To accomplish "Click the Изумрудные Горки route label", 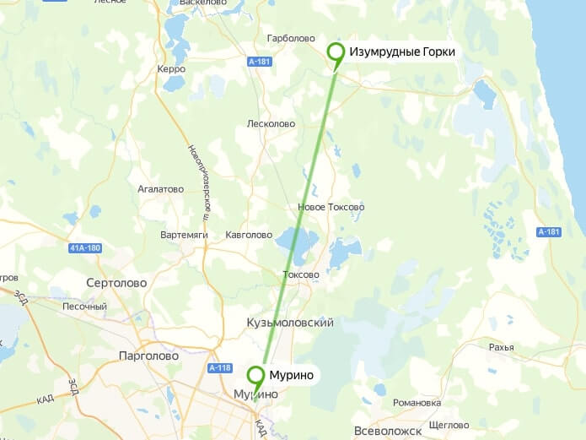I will (x=402, y=52).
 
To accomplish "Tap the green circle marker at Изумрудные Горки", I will (x=336, y=52).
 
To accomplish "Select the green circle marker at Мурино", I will (x=255, y=375).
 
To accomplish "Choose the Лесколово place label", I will (x=271, y=124).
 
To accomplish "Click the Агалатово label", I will (x=160, y=189).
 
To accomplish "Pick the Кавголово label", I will (x=249, y=235).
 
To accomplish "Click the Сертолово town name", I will (x=116, y=283).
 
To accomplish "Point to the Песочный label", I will (x=86, y=306).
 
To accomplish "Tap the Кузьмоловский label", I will (x=290, y=323).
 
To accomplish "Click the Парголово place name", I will (x=148, y=356).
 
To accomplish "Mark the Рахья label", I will (x=501, y=347).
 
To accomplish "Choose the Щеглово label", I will (x=449, y=425).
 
